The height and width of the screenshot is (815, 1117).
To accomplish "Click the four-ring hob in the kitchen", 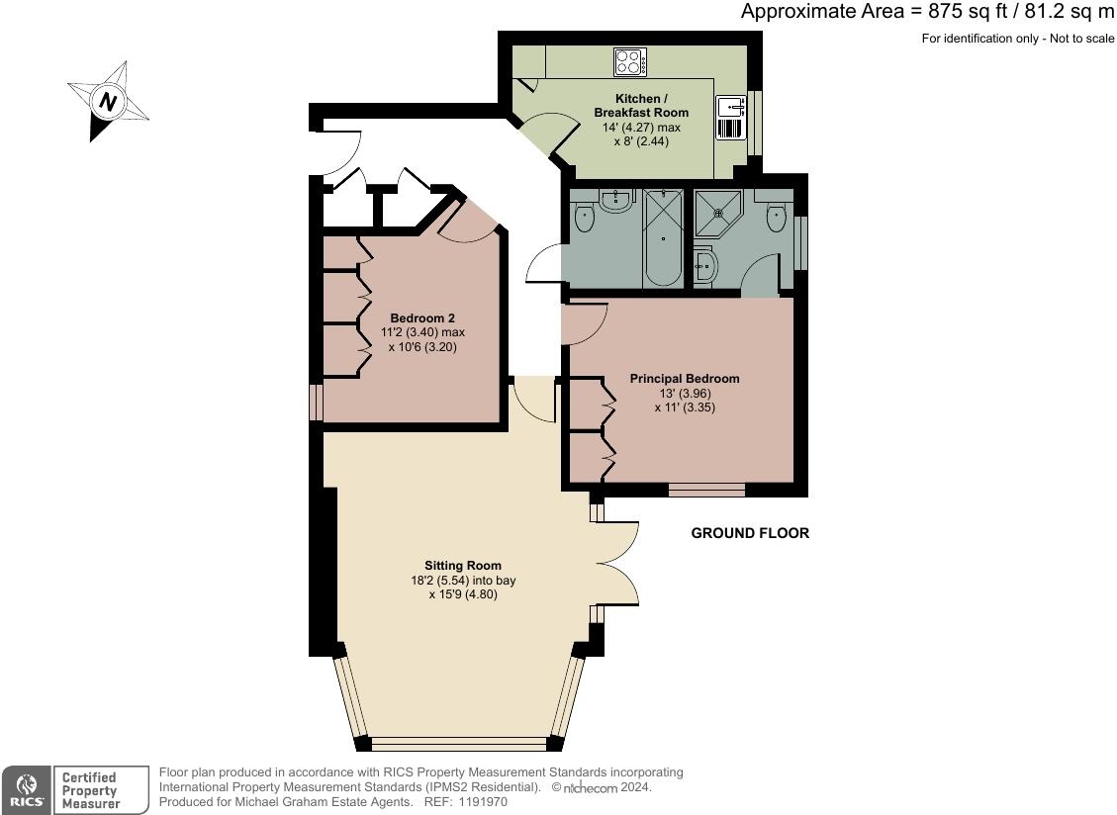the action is coord(630,62).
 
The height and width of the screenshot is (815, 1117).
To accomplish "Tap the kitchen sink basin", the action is coord(731,107).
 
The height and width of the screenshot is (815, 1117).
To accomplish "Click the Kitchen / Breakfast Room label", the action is coord(641,106).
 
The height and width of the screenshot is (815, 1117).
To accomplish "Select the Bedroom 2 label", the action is coord(422,317).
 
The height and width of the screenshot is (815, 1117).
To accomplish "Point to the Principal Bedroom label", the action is coord(685,378).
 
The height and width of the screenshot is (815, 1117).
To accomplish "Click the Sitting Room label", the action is coord(463,566).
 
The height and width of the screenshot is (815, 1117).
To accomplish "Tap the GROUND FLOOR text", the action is coord(750,533).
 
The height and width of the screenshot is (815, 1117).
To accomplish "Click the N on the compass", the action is coord(108,101).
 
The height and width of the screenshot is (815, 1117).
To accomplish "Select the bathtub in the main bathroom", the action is coord(663,238).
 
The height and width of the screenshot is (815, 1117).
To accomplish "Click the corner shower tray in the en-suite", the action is coord(717,213).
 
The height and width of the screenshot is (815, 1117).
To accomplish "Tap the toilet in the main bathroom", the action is coord(585,217).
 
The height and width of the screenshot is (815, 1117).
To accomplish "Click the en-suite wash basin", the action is coord(703,266).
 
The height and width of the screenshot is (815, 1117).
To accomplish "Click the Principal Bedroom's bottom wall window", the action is coord(706,490).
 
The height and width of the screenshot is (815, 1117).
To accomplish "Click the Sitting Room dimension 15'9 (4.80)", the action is coord(463,594).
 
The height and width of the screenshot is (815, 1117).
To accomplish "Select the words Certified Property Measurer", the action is coord(90,790).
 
